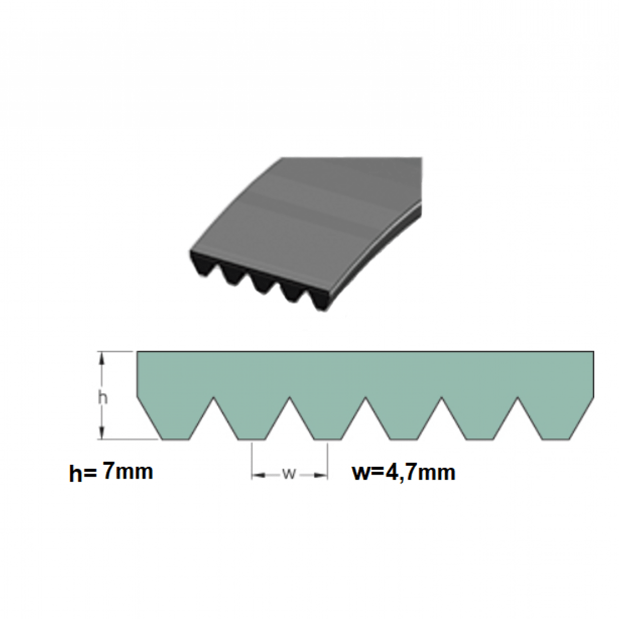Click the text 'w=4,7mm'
[404, 472]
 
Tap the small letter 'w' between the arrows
[289, 475]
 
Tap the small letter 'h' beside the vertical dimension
[103, 399]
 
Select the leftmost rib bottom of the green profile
[175, 439]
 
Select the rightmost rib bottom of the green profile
[556, 439]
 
